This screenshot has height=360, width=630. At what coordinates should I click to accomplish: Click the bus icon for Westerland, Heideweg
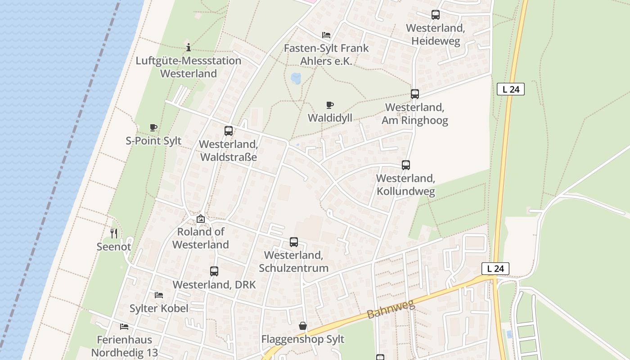point(435,15)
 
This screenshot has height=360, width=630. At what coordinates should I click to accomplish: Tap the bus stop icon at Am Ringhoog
point(414,94)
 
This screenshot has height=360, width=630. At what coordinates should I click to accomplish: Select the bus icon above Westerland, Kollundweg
point(405,165)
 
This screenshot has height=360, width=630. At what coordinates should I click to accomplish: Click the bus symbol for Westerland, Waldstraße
point(229,131)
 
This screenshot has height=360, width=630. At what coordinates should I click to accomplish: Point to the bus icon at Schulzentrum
point(293,242)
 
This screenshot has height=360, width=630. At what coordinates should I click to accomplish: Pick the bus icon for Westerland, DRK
point(214,271)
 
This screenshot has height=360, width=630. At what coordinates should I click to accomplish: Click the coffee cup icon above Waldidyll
point(330,105)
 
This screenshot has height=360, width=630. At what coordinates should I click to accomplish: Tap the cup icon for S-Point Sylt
point(153,128)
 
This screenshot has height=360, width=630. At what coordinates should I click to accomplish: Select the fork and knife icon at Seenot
point(114,233)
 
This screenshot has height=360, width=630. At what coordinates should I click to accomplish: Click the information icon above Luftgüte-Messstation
point(189,47)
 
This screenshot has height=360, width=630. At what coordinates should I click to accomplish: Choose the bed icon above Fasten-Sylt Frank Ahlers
point(326,35)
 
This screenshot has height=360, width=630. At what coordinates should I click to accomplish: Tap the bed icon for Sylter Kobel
point(158,295)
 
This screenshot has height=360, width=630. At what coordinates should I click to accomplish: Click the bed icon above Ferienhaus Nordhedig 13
point(124,326)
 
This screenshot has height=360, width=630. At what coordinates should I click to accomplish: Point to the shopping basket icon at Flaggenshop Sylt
point(303,326)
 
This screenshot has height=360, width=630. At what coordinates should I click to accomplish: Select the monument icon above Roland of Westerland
point(201,219)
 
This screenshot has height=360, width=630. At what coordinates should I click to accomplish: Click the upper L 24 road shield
point(511,89)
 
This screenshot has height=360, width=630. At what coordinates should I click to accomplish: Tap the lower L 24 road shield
point(495,269)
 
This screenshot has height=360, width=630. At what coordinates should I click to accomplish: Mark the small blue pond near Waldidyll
point(296,78)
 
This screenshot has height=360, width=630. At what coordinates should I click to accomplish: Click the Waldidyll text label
point(330,118)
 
